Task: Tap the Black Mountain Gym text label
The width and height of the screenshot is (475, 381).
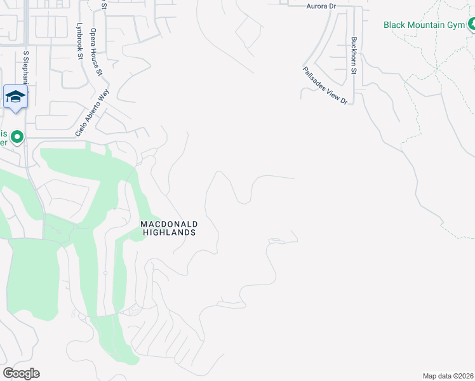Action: pyautogui.click(x=424, y=25)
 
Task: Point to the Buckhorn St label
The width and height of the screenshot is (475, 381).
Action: pyautogui.click(x=354, y=55)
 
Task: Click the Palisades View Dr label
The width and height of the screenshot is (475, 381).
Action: pyautogui.click(x=325, y=87)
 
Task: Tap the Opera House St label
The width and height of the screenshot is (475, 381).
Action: pyautogui.click(x=96, y=51)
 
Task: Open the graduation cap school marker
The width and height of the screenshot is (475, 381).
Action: pyautogui.click(x=15, y=97)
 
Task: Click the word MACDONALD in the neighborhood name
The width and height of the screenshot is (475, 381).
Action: pyautogui.click(x=169, y=224)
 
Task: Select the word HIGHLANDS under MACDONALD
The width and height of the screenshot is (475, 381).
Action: pyautogui.click(x=169, y=232)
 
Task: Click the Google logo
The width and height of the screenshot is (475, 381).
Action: pyautogui.click(x=21, y=373)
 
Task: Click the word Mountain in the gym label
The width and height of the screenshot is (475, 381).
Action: pyautogui.click(x=429, y=25)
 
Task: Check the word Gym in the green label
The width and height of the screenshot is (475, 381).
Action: pyautogui.click(x=455, y=25)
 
